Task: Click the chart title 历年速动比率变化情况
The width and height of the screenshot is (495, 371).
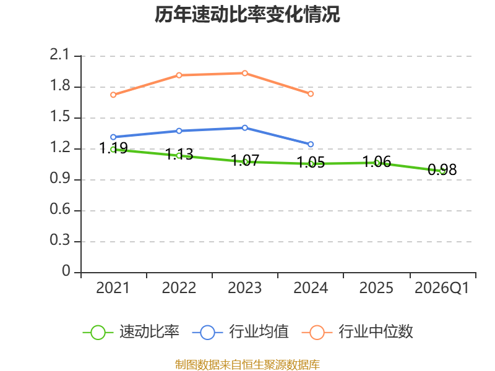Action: point(247,14)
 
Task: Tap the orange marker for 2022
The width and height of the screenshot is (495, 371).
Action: point(179,75)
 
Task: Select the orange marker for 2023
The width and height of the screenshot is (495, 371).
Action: point(245,73)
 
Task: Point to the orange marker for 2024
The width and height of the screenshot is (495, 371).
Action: point(311,94)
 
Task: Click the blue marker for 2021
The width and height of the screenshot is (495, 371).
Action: point(113,137)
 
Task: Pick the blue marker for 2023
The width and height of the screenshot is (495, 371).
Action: point(245,128)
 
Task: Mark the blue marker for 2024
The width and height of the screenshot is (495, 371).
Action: point(311,144)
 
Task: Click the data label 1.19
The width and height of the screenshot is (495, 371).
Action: point(113,148)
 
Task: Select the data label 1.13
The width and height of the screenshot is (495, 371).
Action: point(179,154)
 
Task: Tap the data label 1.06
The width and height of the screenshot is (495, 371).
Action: point(377,161)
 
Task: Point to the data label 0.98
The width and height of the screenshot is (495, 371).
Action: point(442,169)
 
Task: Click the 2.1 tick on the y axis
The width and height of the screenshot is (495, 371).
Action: point(59,55)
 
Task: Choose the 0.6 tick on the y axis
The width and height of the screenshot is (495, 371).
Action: point(59,210)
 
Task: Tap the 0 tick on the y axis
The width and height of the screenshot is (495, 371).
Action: point(66,271)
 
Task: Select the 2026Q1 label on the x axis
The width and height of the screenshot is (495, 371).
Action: point(442,288)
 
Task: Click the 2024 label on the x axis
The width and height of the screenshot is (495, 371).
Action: point(311,288)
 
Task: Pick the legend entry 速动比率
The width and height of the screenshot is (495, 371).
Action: point(131,332)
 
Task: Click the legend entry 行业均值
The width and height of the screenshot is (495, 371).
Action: point(241,332)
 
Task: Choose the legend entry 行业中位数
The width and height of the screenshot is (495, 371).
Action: point(358,332)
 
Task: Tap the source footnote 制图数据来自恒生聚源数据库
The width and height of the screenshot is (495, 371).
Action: point(247,365)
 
